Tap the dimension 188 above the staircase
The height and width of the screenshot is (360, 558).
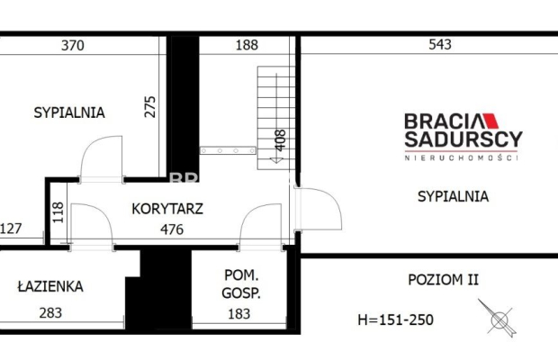point(247,45)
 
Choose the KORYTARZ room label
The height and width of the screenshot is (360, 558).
point(167,209)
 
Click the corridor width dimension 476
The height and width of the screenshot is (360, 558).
point(170,229)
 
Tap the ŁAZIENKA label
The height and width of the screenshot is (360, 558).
point(50,287)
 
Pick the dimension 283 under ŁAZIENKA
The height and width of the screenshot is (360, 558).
point(50,313)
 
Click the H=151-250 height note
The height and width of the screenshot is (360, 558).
point(397,319)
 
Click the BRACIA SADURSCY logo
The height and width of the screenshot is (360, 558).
point(463,135)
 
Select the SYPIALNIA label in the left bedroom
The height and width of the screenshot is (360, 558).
point(69,113)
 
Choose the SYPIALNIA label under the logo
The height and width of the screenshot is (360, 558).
point(453,195)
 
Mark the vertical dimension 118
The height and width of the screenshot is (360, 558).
point(58,212)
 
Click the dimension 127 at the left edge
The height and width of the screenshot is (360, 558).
point(11,229)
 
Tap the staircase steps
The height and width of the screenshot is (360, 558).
point(265,112)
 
